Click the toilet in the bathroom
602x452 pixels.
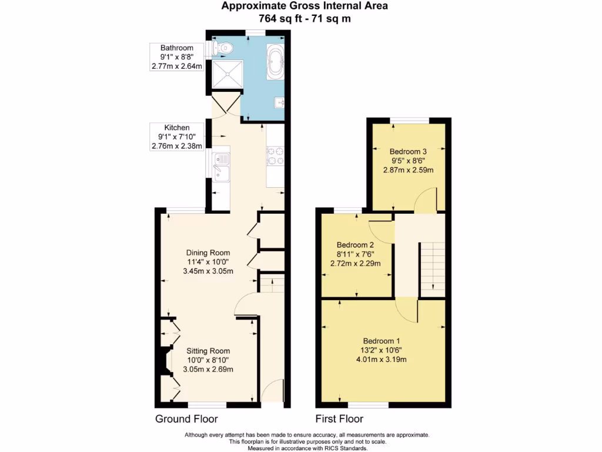click(224, 47)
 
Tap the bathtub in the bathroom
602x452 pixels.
click(275, 61)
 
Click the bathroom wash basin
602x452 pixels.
click(279, 104)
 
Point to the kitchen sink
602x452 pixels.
click(222, 166)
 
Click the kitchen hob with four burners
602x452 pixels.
click(276, 155)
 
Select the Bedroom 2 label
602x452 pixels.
click(355, 245)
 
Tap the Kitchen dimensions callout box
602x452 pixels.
click(176, 137)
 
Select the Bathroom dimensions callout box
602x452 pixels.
click(176, 56)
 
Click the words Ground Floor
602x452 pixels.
click(186, 419)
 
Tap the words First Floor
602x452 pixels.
click(339, 419)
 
